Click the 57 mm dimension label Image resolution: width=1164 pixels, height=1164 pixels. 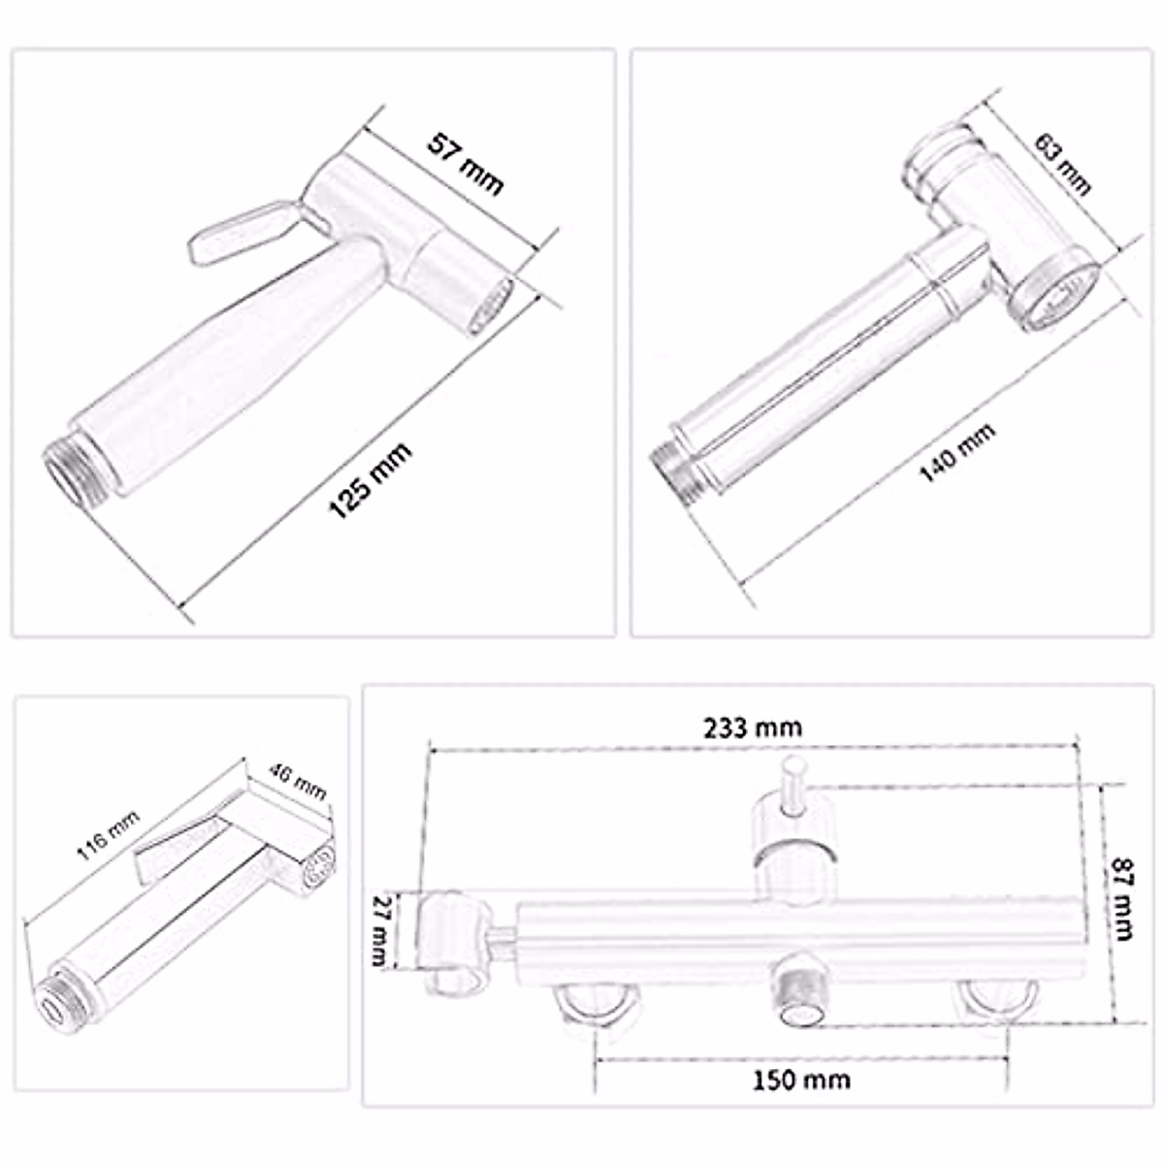point(466,166)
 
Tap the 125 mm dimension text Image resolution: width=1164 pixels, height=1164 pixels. point(371,480)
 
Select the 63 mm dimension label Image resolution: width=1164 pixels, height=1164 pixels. point(1064,165)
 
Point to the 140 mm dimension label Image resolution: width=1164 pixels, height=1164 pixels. point(956,452)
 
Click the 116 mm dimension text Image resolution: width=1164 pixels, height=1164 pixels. point(108,835)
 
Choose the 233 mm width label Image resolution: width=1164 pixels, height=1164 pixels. point(754,727)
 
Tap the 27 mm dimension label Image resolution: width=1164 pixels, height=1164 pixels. point(383,929)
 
